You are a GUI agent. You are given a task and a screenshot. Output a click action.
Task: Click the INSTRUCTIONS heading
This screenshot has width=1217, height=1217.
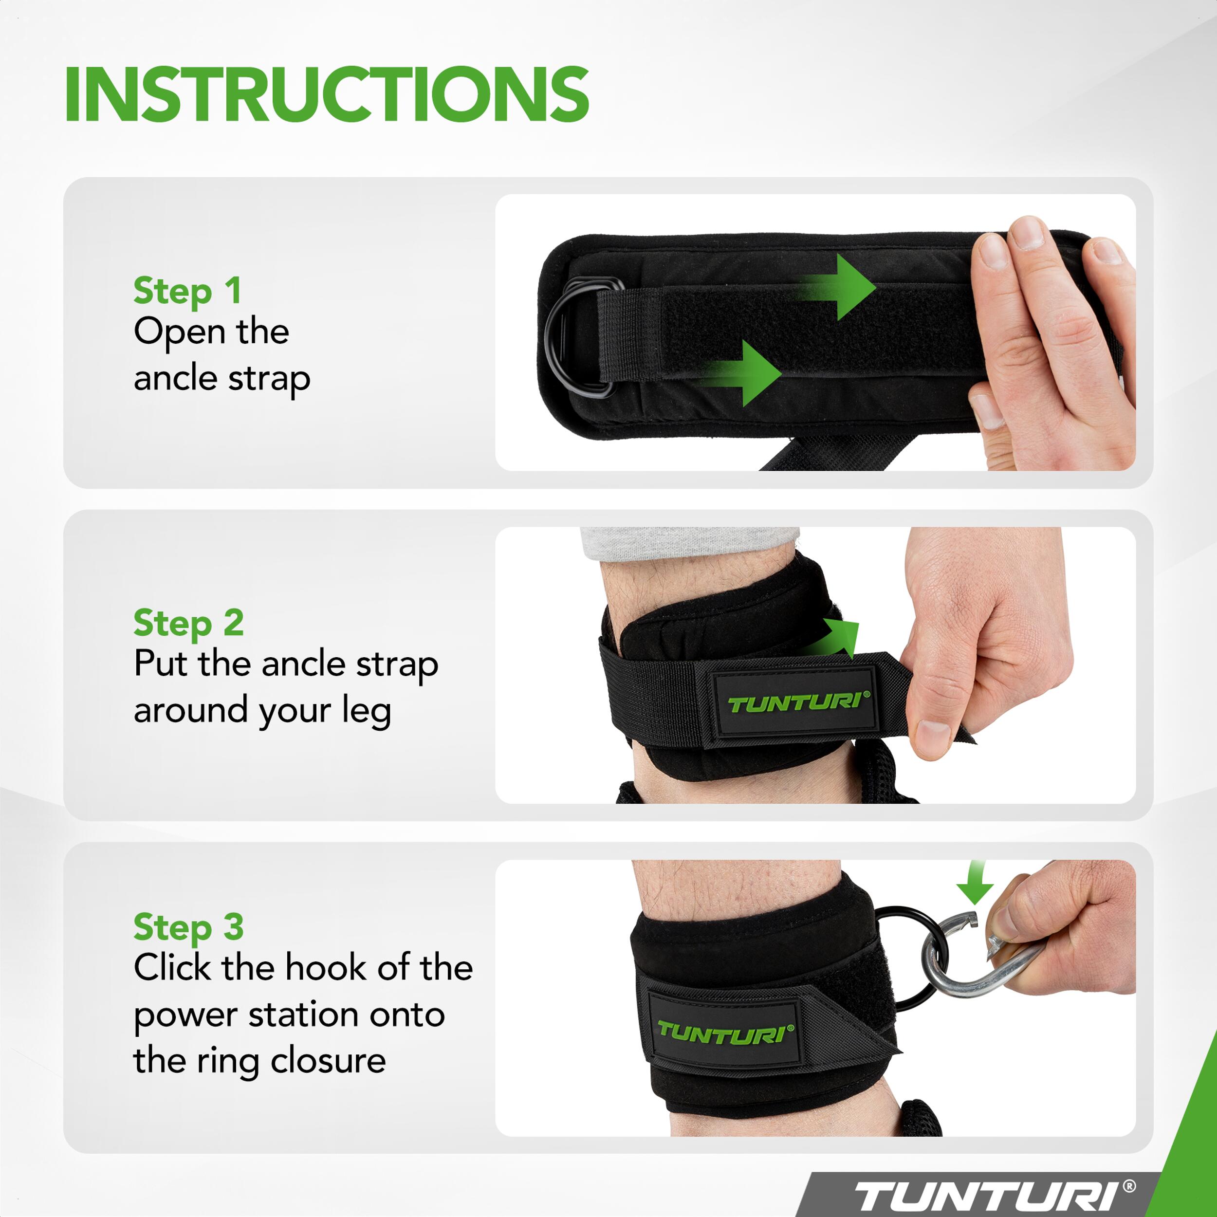pyautogui.click(x=327, y=94)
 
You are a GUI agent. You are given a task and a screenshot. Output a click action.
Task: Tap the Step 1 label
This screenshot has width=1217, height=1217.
pyautogui.click(x=187, y=291)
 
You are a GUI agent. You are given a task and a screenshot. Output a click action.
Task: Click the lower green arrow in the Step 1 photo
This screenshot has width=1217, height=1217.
pyautogui.click(x=741, y=373)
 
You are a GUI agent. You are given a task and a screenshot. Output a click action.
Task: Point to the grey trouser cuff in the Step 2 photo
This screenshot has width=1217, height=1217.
pyautogui.click(x=689, y=542)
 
